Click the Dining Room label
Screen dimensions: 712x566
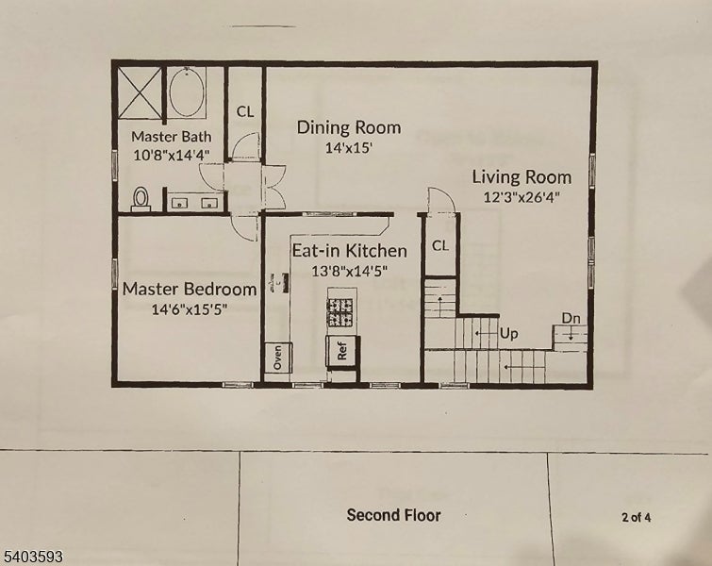[349, 127]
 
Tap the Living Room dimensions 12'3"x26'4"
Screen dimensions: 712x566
[522, 197]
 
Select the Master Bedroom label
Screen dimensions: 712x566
[190, 290]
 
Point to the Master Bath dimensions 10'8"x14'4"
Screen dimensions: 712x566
[172, 155]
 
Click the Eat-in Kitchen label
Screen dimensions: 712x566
[349, 251]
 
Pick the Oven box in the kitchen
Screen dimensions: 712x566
[278, 357]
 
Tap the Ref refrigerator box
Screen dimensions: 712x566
[343, 351]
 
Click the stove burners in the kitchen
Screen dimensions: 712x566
[340, 312]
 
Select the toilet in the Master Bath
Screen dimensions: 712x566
[141, 199]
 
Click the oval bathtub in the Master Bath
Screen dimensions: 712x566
[186, 92]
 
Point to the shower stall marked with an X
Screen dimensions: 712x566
[141, 93]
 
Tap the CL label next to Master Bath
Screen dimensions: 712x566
[245, 111]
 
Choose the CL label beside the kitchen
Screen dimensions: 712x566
[440, 246]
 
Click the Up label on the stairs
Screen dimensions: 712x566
[508, 334]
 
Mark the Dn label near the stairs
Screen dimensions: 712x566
[571, 319]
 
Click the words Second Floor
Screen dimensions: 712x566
[393, 515]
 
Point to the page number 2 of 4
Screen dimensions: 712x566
[637, 517]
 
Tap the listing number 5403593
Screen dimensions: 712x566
[32, 557]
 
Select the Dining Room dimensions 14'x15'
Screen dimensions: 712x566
[349, 148]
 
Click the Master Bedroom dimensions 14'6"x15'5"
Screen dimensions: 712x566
[190, 309]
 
